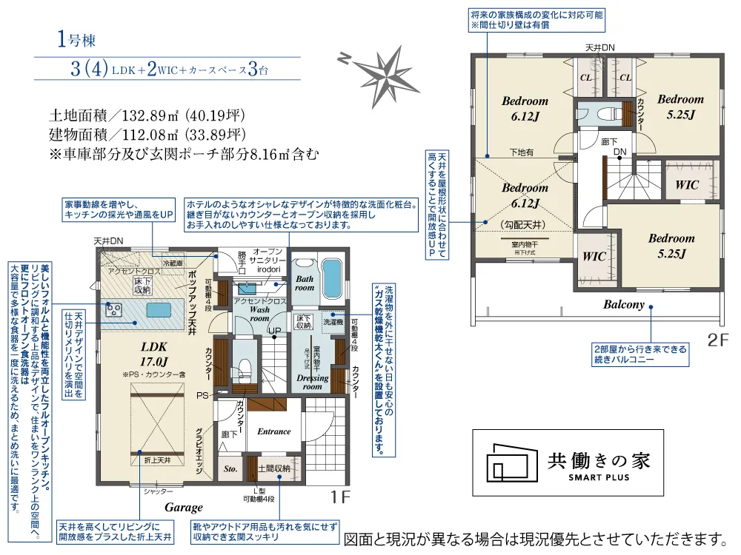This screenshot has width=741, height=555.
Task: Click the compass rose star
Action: coord(386,69)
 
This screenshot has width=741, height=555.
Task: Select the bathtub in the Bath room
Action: coord(332,278)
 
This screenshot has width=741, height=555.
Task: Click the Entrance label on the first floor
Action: coord(273,431)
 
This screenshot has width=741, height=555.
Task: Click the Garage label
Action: coord(184,508)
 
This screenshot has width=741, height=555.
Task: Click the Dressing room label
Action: coord(312,382)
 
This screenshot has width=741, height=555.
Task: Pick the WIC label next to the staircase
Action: coord(688,185)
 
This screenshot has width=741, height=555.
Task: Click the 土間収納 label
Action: coord(273,468)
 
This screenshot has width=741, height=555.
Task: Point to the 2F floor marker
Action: coord(717,341)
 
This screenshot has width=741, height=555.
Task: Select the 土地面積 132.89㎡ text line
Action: coord(147,116)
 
